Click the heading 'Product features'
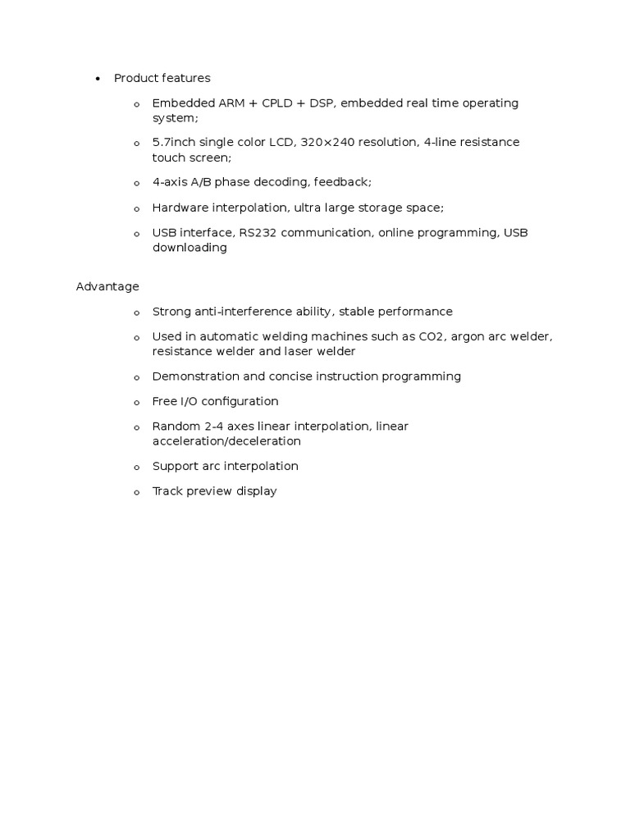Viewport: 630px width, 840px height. (x=162, y=78)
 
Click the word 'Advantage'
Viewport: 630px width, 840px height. (x=107, y=286)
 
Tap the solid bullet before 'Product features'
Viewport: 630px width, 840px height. (x=98, y=79)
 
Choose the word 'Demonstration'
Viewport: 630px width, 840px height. (x=191, y=376)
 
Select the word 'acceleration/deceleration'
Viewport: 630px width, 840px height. (x=226, y=441)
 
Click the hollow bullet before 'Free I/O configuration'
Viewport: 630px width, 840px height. (x=137, y=403)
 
